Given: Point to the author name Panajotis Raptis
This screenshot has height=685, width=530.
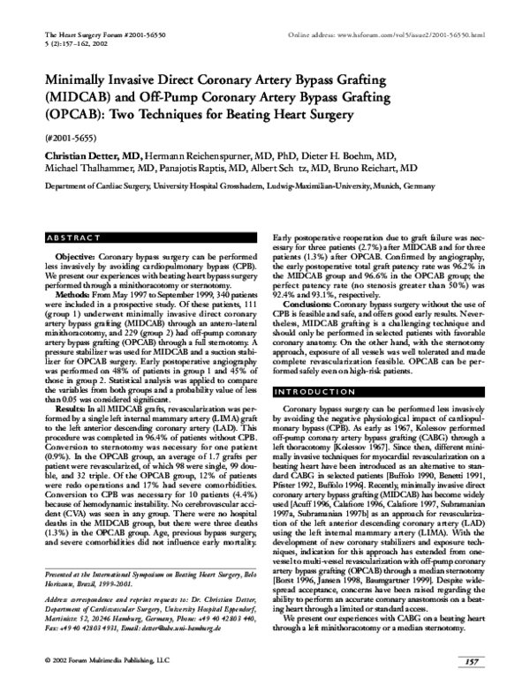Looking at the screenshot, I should coord(206,168).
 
